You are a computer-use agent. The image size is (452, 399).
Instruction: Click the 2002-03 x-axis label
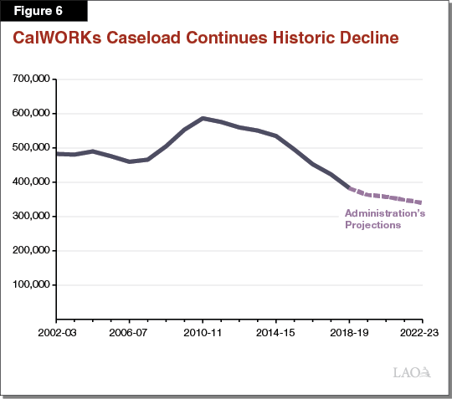[56, 331]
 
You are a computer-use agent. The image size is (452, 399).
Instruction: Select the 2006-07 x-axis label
[129, 331]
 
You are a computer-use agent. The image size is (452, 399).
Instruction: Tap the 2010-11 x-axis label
[202, 331]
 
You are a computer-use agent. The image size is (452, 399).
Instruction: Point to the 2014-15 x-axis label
[275, 331]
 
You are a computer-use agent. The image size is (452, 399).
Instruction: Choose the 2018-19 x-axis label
[348, 331]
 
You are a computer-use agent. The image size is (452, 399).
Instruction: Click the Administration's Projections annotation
[384, 219]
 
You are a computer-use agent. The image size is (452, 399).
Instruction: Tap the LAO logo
[413, 371]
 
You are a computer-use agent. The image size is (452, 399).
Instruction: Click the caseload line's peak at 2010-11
[203, 119]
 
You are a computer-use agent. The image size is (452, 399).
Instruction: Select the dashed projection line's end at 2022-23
[421, 202]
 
